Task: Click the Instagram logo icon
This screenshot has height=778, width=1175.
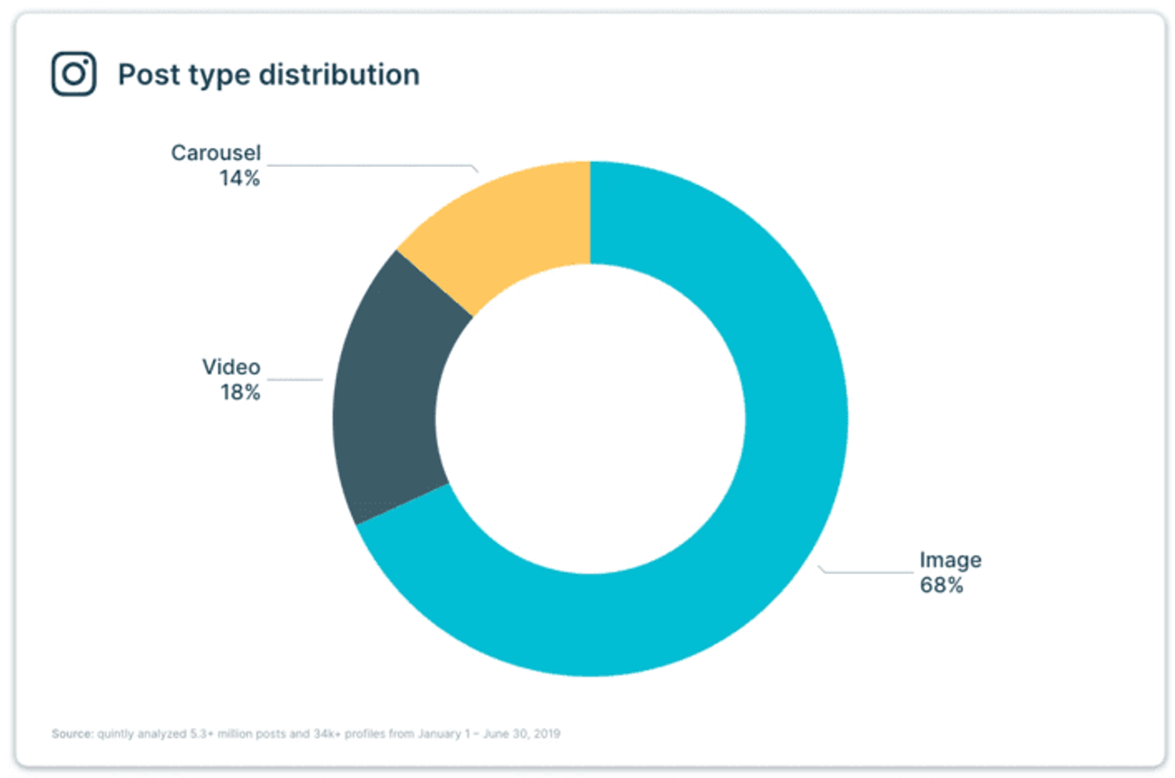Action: tap(74, 74)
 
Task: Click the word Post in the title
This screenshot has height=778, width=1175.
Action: tap(149, 75)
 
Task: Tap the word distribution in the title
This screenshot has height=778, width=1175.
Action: tap(339, 75)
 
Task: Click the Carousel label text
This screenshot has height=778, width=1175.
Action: tap(216, 153)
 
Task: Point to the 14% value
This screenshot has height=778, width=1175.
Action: tap(239, 178)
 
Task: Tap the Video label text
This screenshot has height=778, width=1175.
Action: tap(231, 367)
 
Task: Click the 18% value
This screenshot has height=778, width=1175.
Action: tap(240, 392)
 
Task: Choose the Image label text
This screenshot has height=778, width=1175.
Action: tap(950, 560)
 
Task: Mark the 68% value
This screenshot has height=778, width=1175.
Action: tap(941, 585)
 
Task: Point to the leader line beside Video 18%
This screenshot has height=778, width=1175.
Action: tap(295, 379)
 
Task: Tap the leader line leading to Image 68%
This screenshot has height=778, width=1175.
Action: tap(869, 572)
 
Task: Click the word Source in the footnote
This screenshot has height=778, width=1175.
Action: tap(71, 734)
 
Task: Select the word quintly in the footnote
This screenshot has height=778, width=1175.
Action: tap(116, 734)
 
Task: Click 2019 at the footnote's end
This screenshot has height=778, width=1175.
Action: tap(546, 734)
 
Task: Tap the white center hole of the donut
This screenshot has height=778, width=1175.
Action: tap(590, 419)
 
